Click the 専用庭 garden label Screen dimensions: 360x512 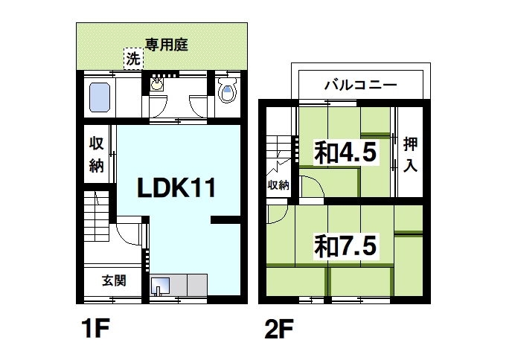[166, 45]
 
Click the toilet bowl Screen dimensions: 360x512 [228, 91]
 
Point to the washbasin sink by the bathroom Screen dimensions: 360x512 [157, 84]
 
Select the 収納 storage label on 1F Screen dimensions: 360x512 [97, 155]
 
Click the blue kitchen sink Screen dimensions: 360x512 [161, 285]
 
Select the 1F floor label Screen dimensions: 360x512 [96, 328]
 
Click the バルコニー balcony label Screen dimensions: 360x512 [360, 84]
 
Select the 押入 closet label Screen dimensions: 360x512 [410, 153]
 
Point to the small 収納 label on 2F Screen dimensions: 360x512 [278, 184]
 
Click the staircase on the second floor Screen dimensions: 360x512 [281, 146]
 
